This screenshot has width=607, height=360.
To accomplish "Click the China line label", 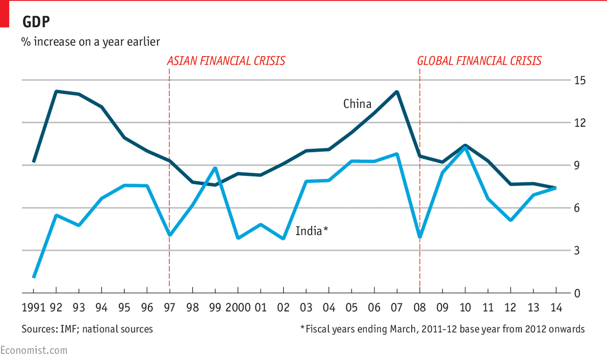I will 357,104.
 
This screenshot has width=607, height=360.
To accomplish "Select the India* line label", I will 311,231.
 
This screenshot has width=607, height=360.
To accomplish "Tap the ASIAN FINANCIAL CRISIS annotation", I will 226,61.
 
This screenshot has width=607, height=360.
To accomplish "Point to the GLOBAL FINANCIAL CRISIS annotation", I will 479,61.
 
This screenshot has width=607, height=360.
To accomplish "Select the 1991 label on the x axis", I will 33,307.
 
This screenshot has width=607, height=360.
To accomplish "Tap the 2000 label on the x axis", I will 238,307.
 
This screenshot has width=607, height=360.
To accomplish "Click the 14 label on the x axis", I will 555,307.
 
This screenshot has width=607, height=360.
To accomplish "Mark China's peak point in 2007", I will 397,92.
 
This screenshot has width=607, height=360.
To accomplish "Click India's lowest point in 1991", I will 34,277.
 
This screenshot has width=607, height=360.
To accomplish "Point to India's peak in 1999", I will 215,168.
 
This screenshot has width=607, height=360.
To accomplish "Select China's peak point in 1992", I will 56,91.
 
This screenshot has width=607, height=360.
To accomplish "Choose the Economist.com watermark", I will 34,350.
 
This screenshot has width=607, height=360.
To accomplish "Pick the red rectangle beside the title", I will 4,13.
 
